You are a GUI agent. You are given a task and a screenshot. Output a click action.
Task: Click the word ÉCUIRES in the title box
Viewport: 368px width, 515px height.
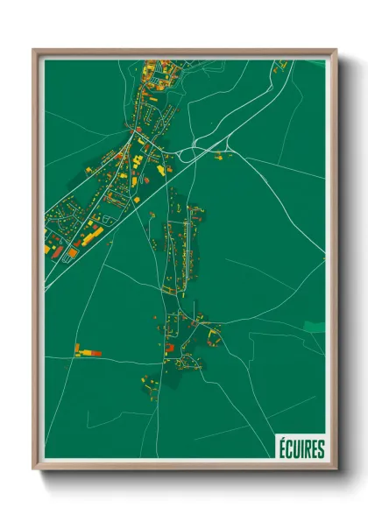point(301,449)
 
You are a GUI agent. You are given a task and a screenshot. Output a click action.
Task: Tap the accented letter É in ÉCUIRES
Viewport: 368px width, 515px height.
point(282,448)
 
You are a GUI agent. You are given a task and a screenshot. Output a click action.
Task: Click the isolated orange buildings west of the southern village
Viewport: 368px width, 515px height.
point(88,351)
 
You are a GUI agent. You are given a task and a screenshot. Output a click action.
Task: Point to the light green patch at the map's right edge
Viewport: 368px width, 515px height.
point(315,326)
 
